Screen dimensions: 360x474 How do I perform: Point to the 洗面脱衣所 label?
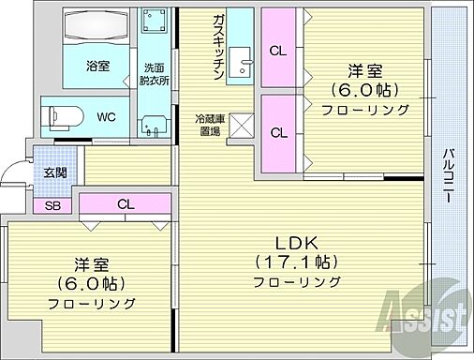pos(155,74)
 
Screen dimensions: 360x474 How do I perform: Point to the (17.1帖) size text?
pos(292,261)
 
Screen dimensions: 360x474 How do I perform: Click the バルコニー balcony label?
pos(450,177)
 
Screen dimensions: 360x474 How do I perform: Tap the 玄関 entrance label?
pos(54,172)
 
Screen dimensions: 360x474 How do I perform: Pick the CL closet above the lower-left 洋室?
pos(125,203)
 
